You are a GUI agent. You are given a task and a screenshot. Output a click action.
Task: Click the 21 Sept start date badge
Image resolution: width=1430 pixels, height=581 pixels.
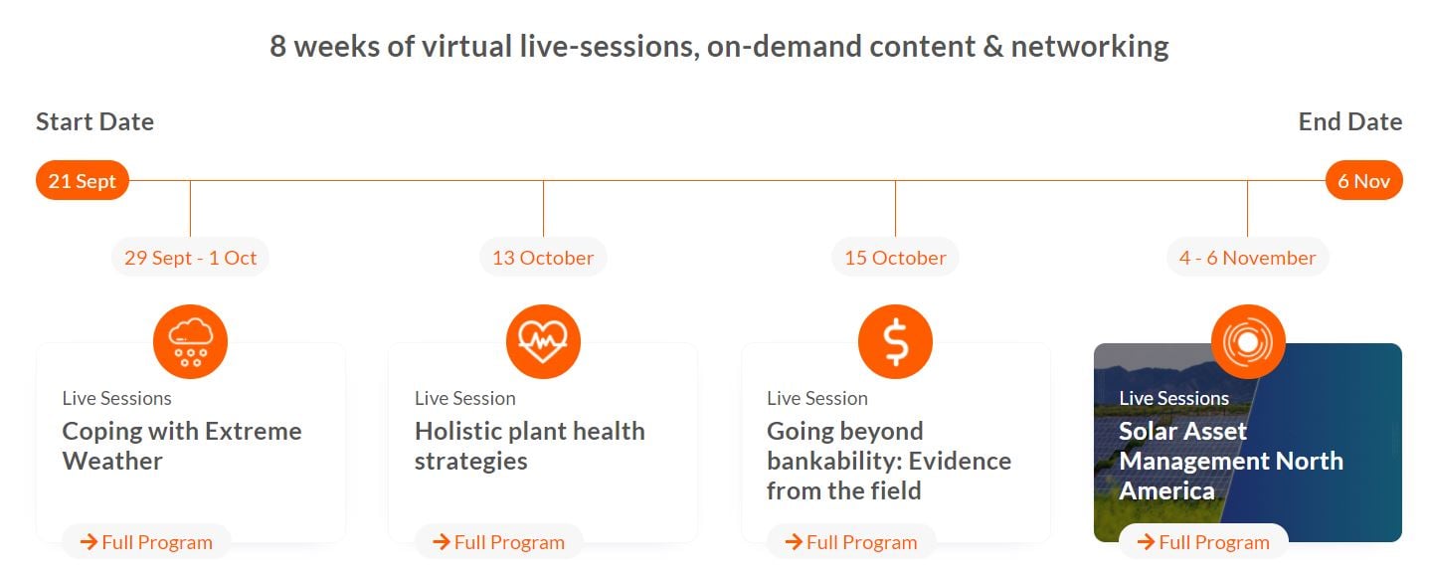tap(83, 181)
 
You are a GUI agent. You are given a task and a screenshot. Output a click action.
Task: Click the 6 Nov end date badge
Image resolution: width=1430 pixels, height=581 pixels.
tap(1363, 181)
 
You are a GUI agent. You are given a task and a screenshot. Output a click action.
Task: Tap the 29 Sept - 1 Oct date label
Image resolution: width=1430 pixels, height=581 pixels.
tap(190, 258)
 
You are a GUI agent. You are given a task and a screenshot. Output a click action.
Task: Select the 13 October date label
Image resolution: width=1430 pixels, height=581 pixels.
tap(543, 258)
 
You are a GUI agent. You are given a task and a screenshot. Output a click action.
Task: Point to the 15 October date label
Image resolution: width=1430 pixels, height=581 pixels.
tap(895, 258)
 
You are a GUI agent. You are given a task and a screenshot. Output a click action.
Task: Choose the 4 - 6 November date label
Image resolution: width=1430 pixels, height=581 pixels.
tap(1247, 258)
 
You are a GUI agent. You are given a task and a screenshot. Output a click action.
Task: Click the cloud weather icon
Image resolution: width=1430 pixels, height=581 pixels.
tap(190, 341)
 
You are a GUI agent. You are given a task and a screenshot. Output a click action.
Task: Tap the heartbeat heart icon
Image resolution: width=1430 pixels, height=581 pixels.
tap(543, 341)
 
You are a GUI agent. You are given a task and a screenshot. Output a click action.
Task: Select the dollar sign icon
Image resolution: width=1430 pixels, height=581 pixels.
tap(895, 341)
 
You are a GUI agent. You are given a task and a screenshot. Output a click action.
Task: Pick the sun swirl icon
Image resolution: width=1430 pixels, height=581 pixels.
tap(1248, 341)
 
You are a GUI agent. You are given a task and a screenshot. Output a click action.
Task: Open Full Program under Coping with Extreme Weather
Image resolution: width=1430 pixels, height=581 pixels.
tap(146, 542)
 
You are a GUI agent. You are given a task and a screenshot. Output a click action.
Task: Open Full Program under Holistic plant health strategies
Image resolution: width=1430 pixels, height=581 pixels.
tap(498, 542)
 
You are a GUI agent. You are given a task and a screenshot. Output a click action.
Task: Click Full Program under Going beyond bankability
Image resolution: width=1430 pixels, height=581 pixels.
tap(851, 542)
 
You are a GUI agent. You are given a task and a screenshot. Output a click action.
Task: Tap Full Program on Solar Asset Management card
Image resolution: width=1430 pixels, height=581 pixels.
tap(1203, 542)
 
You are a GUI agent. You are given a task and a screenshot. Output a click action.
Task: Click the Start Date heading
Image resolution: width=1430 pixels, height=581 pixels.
tap(95, 121)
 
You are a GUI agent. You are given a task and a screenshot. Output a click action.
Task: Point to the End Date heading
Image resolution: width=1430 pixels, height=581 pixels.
tap(1350, 121)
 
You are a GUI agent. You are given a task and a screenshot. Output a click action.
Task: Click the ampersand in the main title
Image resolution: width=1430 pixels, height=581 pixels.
tap(992, 47)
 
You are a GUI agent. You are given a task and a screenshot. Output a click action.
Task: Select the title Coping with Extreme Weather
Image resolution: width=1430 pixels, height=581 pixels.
tap(182, 446)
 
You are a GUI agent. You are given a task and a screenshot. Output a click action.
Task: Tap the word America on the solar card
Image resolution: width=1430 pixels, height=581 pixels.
tap(1167, 491)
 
